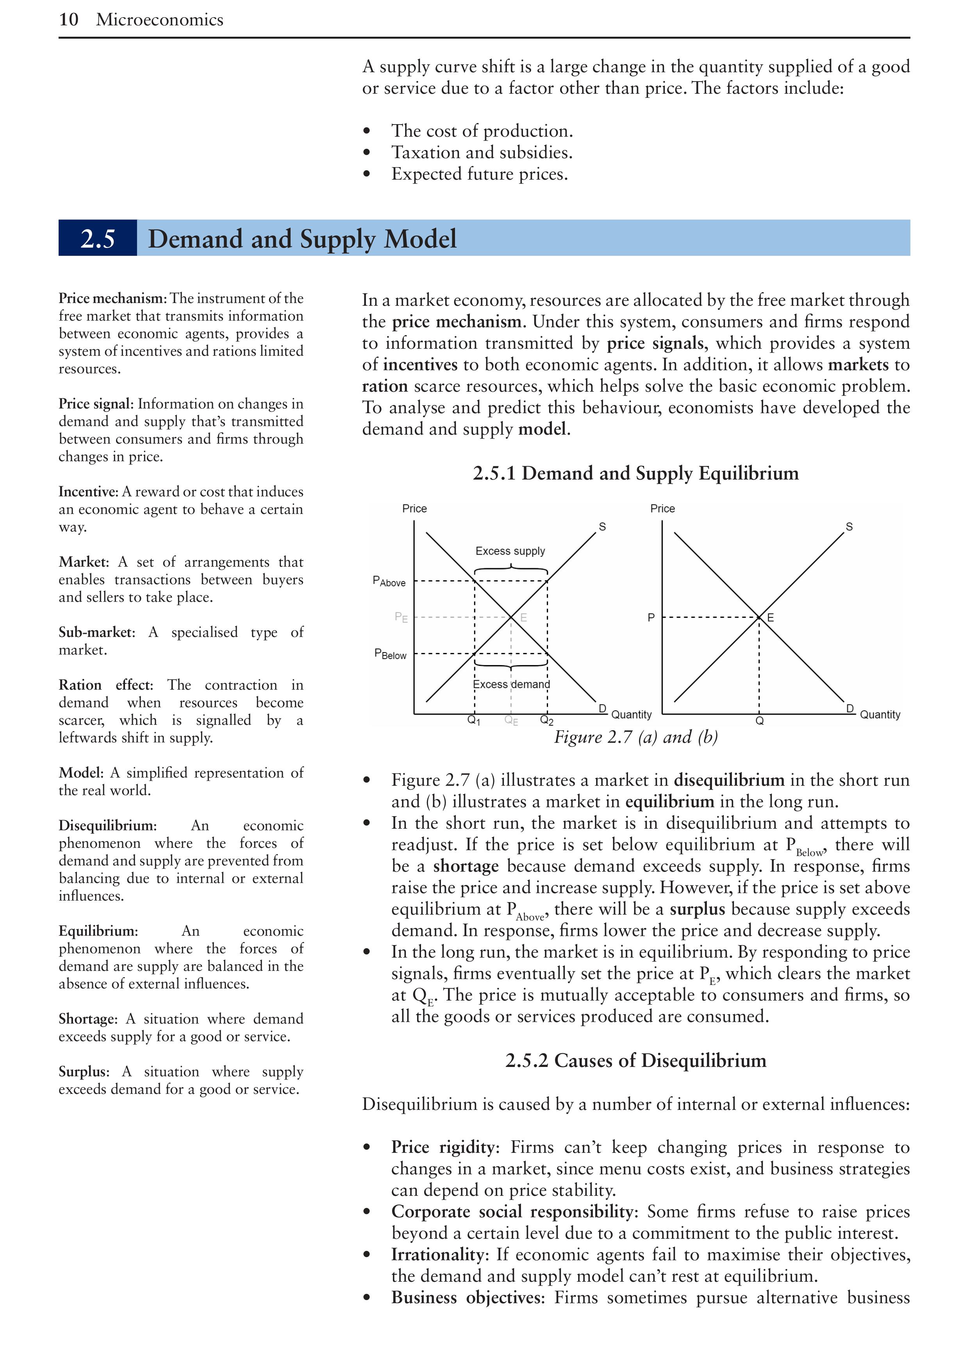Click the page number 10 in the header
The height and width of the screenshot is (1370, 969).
coord(69,20)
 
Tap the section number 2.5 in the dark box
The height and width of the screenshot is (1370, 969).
coord(97,239)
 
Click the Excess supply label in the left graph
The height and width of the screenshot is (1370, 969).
coord(510,551)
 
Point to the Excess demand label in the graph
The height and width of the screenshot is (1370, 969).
coord(511,684)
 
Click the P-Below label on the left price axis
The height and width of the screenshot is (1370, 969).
coord(390,654)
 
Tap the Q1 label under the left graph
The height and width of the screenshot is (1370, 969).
coord(474,720)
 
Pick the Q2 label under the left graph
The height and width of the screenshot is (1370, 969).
coord(546,720)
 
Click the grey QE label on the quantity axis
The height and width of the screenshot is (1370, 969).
coord(511,720)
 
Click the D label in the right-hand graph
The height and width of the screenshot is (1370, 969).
coord(849,708)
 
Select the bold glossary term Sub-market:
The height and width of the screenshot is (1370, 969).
coord(96,632)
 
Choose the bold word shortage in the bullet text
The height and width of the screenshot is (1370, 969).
coord(466,866)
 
